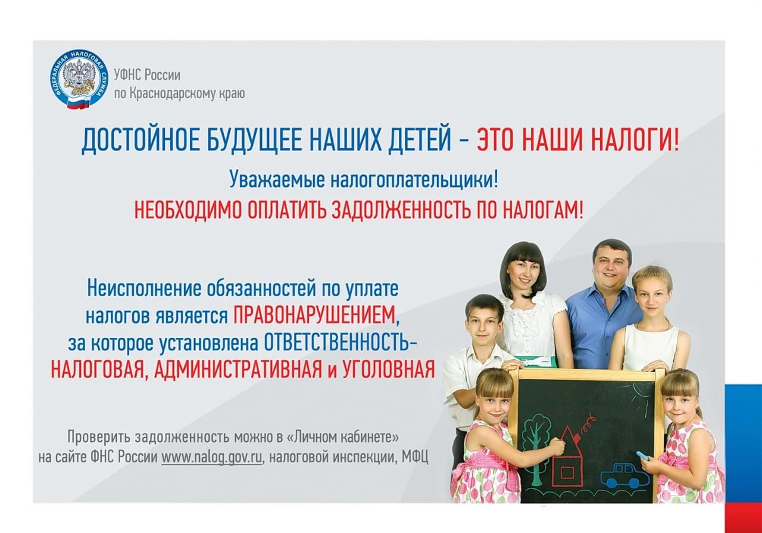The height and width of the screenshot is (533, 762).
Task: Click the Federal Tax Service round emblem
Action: tap(79, 79)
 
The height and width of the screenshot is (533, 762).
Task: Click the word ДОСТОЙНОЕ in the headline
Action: tap(140, 141)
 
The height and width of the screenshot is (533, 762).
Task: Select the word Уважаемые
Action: tap(277, 179)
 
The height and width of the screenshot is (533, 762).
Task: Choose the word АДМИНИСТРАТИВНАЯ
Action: tap(238, 369)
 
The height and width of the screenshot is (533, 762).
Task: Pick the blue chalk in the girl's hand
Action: tap(644, 455)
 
